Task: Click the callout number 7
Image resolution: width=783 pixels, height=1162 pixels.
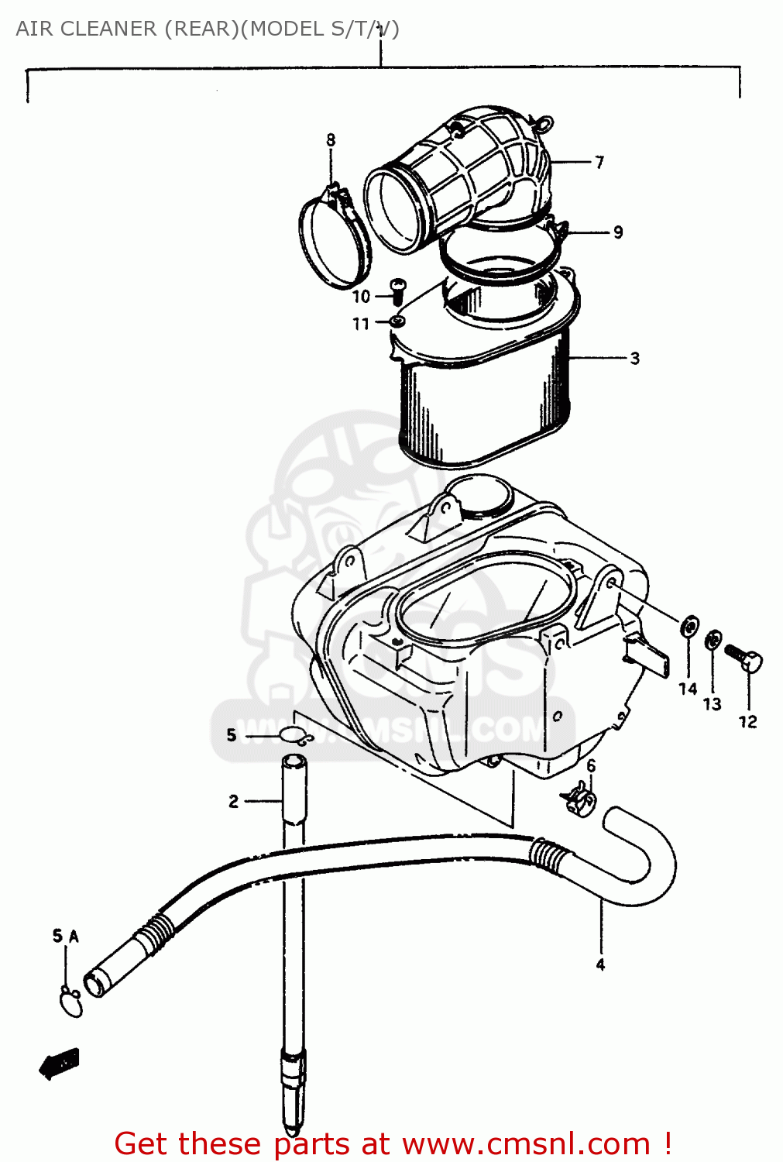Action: (x=599, y=162)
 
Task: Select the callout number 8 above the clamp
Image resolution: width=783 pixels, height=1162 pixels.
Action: (x=331, y=140)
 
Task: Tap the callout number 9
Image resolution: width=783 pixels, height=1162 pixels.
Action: (x=618, y=232)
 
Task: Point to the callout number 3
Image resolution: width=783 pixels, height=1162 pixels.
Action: (x=635, y=358)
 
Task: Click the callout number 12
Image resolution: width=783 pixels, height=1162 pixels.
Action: (x=747, y=721)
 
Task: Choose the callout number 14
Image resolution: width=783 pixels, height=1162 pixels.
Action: (x=688, y=689)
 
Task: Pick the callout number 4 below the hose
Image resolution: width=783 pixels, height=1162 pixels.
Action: (x=600, y=964)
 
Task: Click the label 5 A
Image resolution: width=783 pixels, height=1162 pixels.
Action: (x=66, y=937)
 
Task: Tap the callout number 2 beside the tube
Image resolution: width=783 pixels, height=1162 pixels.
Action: (x=233, y=801)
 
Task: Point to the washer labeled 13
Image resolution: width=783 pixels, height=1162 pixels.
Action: (x=713, y=641)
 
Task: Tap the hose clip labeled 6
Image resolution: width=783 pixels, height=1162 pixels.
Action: (x=578, y=799)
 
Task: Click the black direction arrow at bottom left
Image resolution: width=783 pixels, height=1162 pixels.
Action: (x=60, y=1063)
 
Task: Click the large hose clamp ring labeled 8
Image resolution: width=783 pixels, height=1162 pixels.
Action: (x=333, y=240)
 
